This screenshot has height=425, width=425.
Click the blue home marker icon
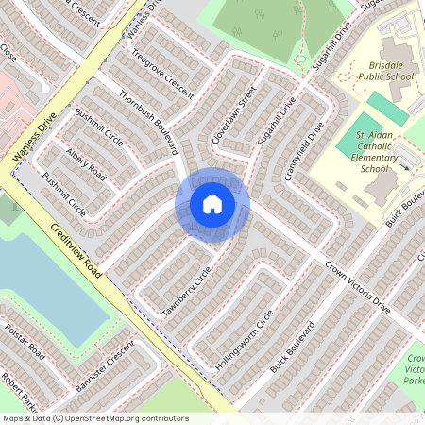(x=212, y=204)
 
